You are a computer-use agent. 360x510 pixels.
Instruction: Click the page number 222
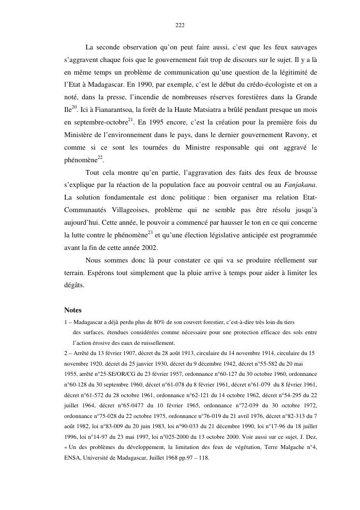click(180, 25)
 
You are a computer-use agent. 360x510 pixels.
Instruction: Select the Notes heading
click(73, 310)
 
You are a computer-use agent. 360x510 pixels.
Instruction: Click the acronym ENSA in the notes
click(72, 456)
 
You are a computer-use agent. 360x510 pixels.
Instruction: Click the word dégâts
click(74, 286)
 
